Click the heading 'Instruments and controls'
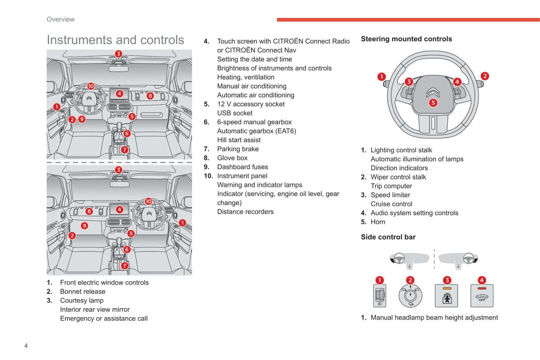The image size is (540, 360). pyautogui.click(x=115, y=40)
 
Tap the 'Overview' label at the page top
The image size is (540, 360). pyautogui.click(x=61, y=19)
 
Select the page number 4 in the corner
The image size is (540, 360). pyautogui.click(x=26, y=346)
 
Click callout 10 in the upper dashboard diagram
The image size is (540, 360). pyautogui.click(x=91, y=86)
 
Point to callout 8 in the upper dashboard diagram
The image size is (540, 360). pyautogui.click(x=150, y=96)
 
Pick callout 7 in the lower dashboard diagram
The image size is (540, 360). pyautogui.click(x=124, y=266)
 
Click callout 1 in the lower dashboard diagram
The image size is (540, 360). pyautogui.click(x=182, y=223)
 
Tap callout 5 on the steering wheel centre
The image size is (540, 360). pyautogui.click(x=433, y=103)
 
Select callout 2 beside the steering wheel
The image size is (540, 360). pyautogui.click(x=485, y=76)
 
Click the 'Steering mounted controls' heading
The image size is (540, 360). pyautogui.click(x=406, y=39)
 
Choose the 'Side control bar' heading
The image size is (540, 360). pyautogui.click(x=388, y=237)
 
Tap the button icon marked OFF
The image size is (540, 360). pyautogui.click(x=482, y=296)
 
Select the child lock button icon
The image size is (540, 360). pyautogui.click(x=447, y=296)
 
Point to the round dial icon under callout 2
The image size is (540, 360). pyautogui.click(x=410, y=296)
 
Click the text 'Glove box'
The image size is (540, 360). pyautogui.click(x=232, y=158)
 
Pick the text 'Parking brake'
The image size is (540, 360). pyautogui.click(x=238, y=149)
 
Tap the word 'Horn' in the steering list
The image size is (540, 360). pyautogui.click(x=378, y=222)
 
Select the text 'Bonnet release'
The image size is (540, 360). pyautogui.click(x=83, y=292)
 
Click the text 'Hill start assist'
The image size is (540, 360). pyautogui.click(x=239, y=140)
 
